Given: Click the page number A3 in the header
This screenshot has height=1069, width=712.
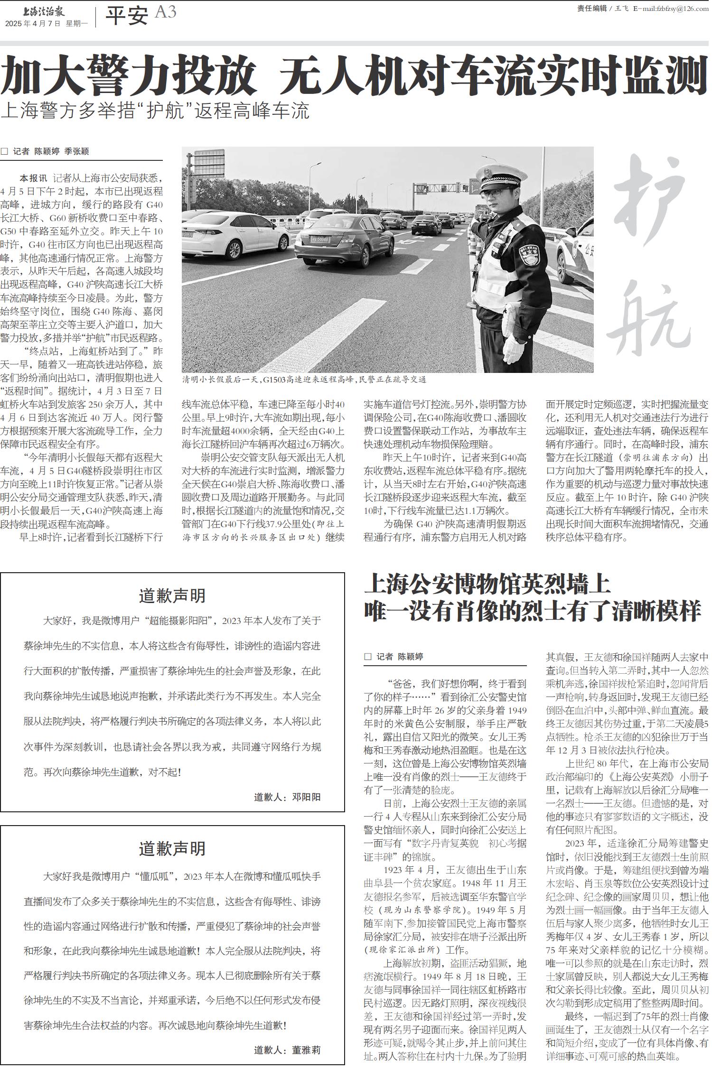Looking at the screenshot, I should click(x=165, y=12).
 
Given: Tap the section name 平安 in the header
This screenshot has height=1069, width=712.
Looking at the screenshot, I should click(x=127, y=16).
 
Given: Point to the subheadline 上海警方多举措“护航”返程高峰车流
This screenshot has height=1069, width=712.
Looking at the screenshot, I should click(x=155, y=111).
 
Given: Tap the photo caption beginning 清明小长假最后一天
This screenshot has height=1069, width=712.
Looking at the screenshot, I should click(x=304, y=380).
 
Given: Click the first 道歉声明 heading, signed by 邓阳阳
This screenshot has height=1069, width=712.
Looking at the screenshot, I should click(x=172, y=596).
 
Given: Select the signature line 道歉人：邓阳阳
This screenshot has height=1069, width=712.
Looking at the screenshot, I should click(x=287, y=797).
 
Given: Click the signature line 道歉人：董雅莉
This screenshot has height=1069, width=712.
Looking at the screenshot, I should click(x=287, y=1050).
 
